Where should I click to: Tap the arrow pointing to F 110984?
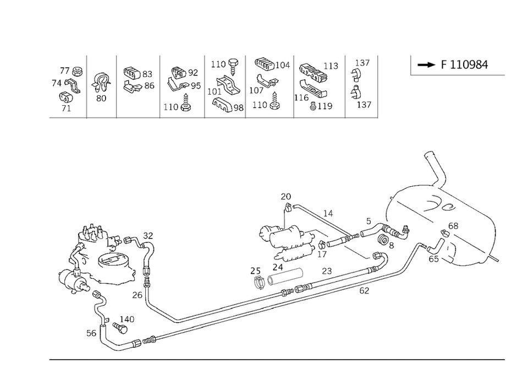(426, 65)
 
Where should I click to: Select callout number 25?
(255, 270)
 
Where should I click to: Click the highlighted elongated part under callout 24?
(286, 275)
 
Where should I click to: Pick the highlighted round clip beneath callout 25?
(258, 282)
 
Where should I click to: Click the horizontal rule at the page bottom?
(275, 360)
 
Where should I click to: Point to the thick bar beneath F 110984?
(458, 76)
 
